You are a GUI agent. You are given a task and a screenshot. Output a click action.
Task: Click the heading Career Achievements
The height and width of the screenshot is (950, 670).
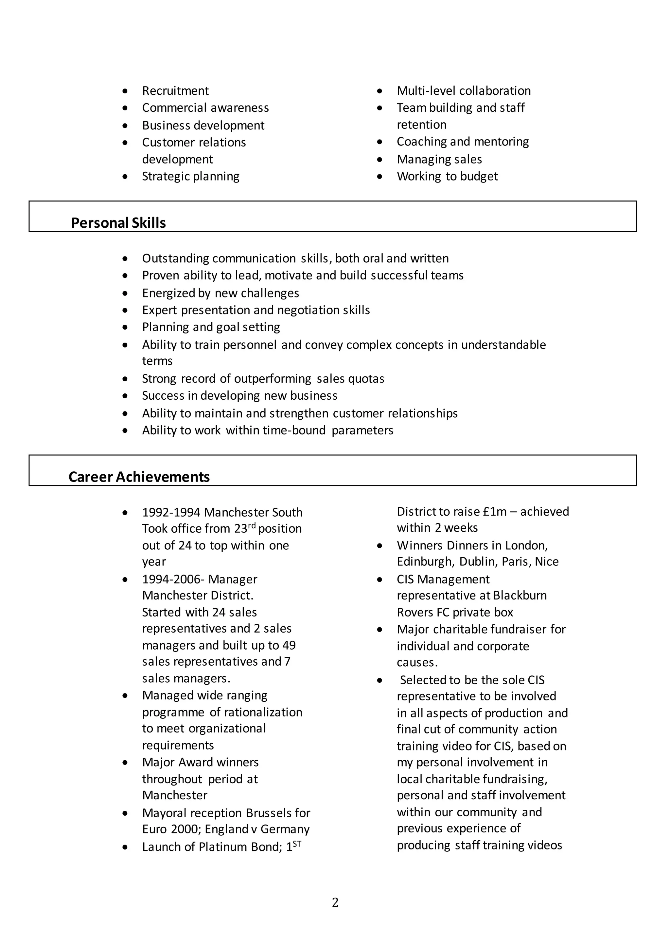click(139, 477)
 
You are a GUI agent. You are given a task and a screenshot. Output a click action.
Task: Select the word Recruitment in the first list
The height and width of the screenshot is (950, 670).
click(175, 91)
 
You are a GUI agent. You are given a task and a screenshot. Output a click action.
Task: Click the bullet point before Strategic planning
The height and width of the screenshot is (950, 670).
click(125, 177)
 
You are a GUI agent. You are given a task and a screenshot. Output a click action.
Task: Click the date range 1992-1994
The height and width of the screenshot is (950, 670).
click(171, 512)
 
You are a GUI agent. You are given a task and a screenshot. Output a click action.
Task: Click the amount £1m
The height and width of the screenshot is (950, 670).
click(494, 511)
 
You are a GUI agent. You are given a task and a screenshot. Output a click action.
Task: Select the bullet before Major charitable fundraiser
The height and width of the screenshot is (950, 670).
click(380, 630)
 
